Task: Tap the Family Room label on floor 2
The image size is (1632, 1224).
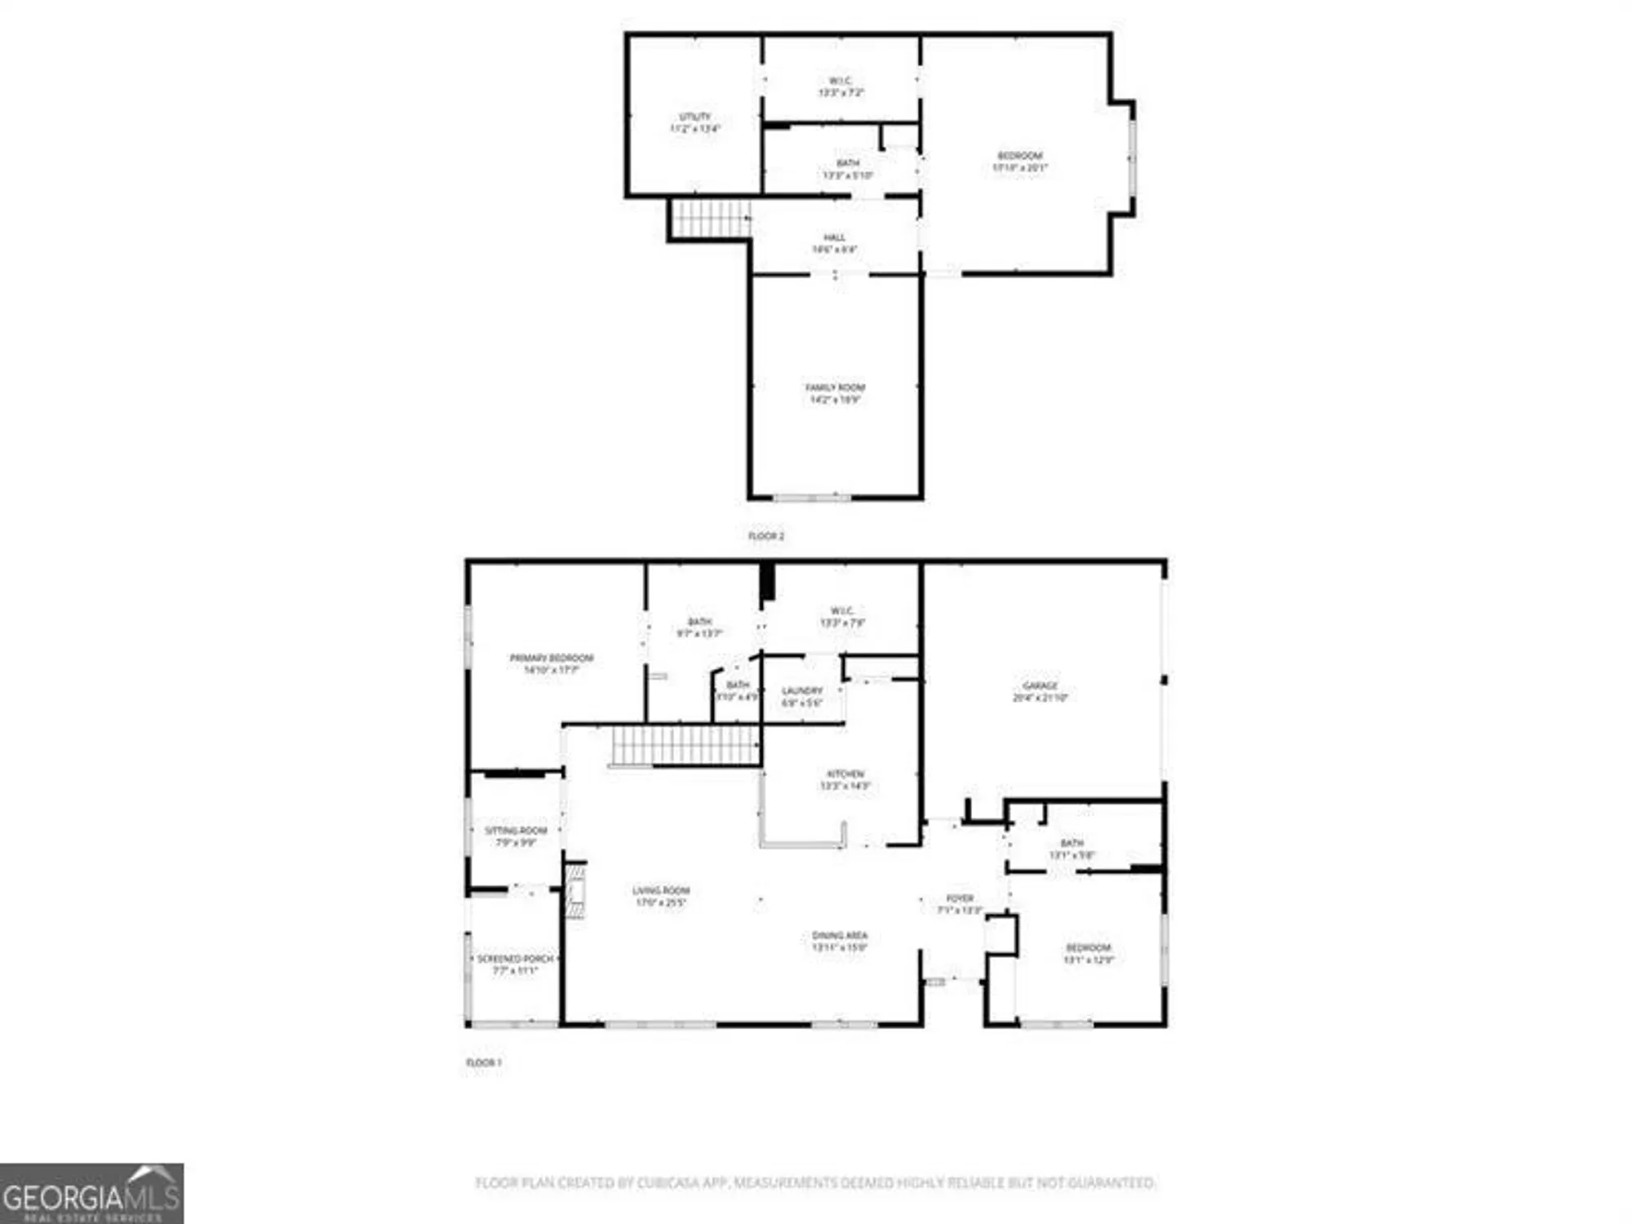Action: (835, 393)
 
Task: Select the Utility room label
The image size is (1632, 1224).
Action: (694, 122)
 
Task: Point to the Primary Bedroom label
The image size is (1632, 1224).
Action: (552, 663)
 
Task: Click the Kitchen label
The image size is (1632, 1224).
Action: (845, 779)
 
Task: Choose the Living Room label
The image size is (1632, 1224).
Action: (661, 896)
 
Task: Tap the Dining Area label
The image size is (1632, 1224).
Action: (840, 941)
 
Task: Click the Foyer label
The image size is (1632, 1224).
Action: (960, 903)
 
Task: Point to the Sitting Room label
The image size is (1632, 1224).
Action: (516, 836)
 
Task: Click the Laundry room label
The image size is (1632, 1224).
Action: (802, 696)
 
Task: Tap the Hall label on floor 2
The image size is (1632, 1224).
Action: (834, 243)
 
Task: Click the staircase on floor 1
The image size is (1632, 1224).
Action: (685, 745)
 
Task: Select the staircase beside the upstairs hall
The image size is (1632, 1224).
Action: (710, 218)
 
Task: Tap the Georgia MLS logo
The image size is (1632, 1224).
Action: (91, 1194)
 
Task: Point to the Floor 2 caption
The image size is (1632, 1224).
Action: (766, 536)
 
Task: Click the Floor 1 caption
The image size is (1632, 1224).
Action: (483, 1062)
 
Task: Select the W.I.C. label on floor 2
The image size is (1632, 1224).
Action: (840, 86)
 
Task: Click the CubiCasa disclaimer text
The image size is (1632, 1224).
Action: (815, 1182)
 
